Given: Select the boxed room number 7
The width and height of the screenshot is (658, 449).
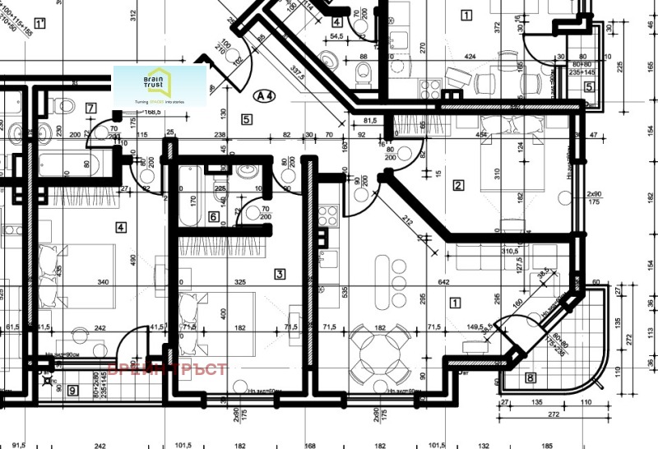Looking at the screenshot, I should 90,108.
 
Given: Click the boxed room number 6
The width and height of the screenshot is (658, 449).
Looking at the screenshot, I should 213,217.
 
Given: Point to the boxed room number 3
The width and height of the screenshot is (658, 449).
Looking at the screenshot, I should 280,274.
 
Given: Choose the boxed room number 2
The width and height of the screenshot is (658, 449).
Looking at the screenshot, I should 458,185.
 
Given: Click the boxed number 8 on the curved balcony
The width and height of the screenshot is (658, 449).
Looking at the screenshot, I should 530,378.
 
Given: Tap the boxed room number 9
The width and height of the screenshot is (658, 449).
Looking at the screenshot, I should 72,391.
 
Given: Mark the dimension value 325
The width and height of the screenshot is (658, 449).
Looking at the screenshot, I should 240,282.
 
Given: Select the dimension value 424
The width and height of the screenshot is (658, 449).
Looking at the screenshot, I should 470,57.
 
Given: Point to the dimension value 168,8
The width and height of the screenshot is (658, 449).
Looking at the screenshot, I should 151,113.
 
